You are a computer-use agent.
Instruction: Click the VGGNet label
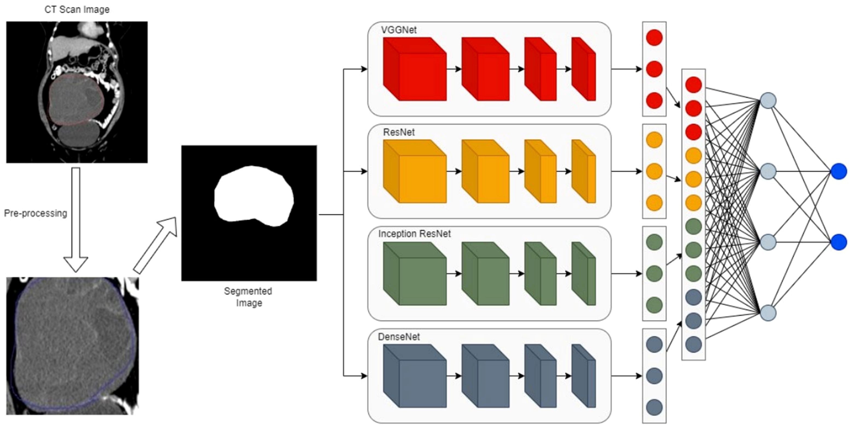point(399,30)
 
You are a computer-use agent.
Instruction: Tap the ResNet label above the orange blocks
point(399,132)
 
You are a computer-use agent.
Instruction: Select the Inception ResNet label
point(414,234)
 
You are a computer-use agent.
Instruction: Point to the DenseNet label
point(399,337)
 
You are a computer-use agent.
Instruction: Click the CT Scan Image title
point(77,10)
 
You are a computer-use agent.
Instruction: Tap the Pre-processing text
point(36,213)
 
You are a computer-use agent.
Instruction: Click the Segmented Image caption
point(248,297)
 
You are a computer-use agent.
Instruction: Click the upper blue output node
point(839,172)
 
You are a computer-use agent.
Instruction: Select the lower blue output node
point(839,242)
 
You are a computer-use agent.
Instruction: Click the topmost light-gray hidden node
point(768,101)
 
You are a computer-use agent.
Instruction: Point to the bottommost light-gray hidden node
point(768,313)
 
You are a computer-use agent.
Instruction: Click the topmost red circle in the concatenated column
point(693,85)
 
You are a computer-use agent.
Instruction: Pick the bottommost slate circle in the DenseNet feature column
point(654,407)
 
